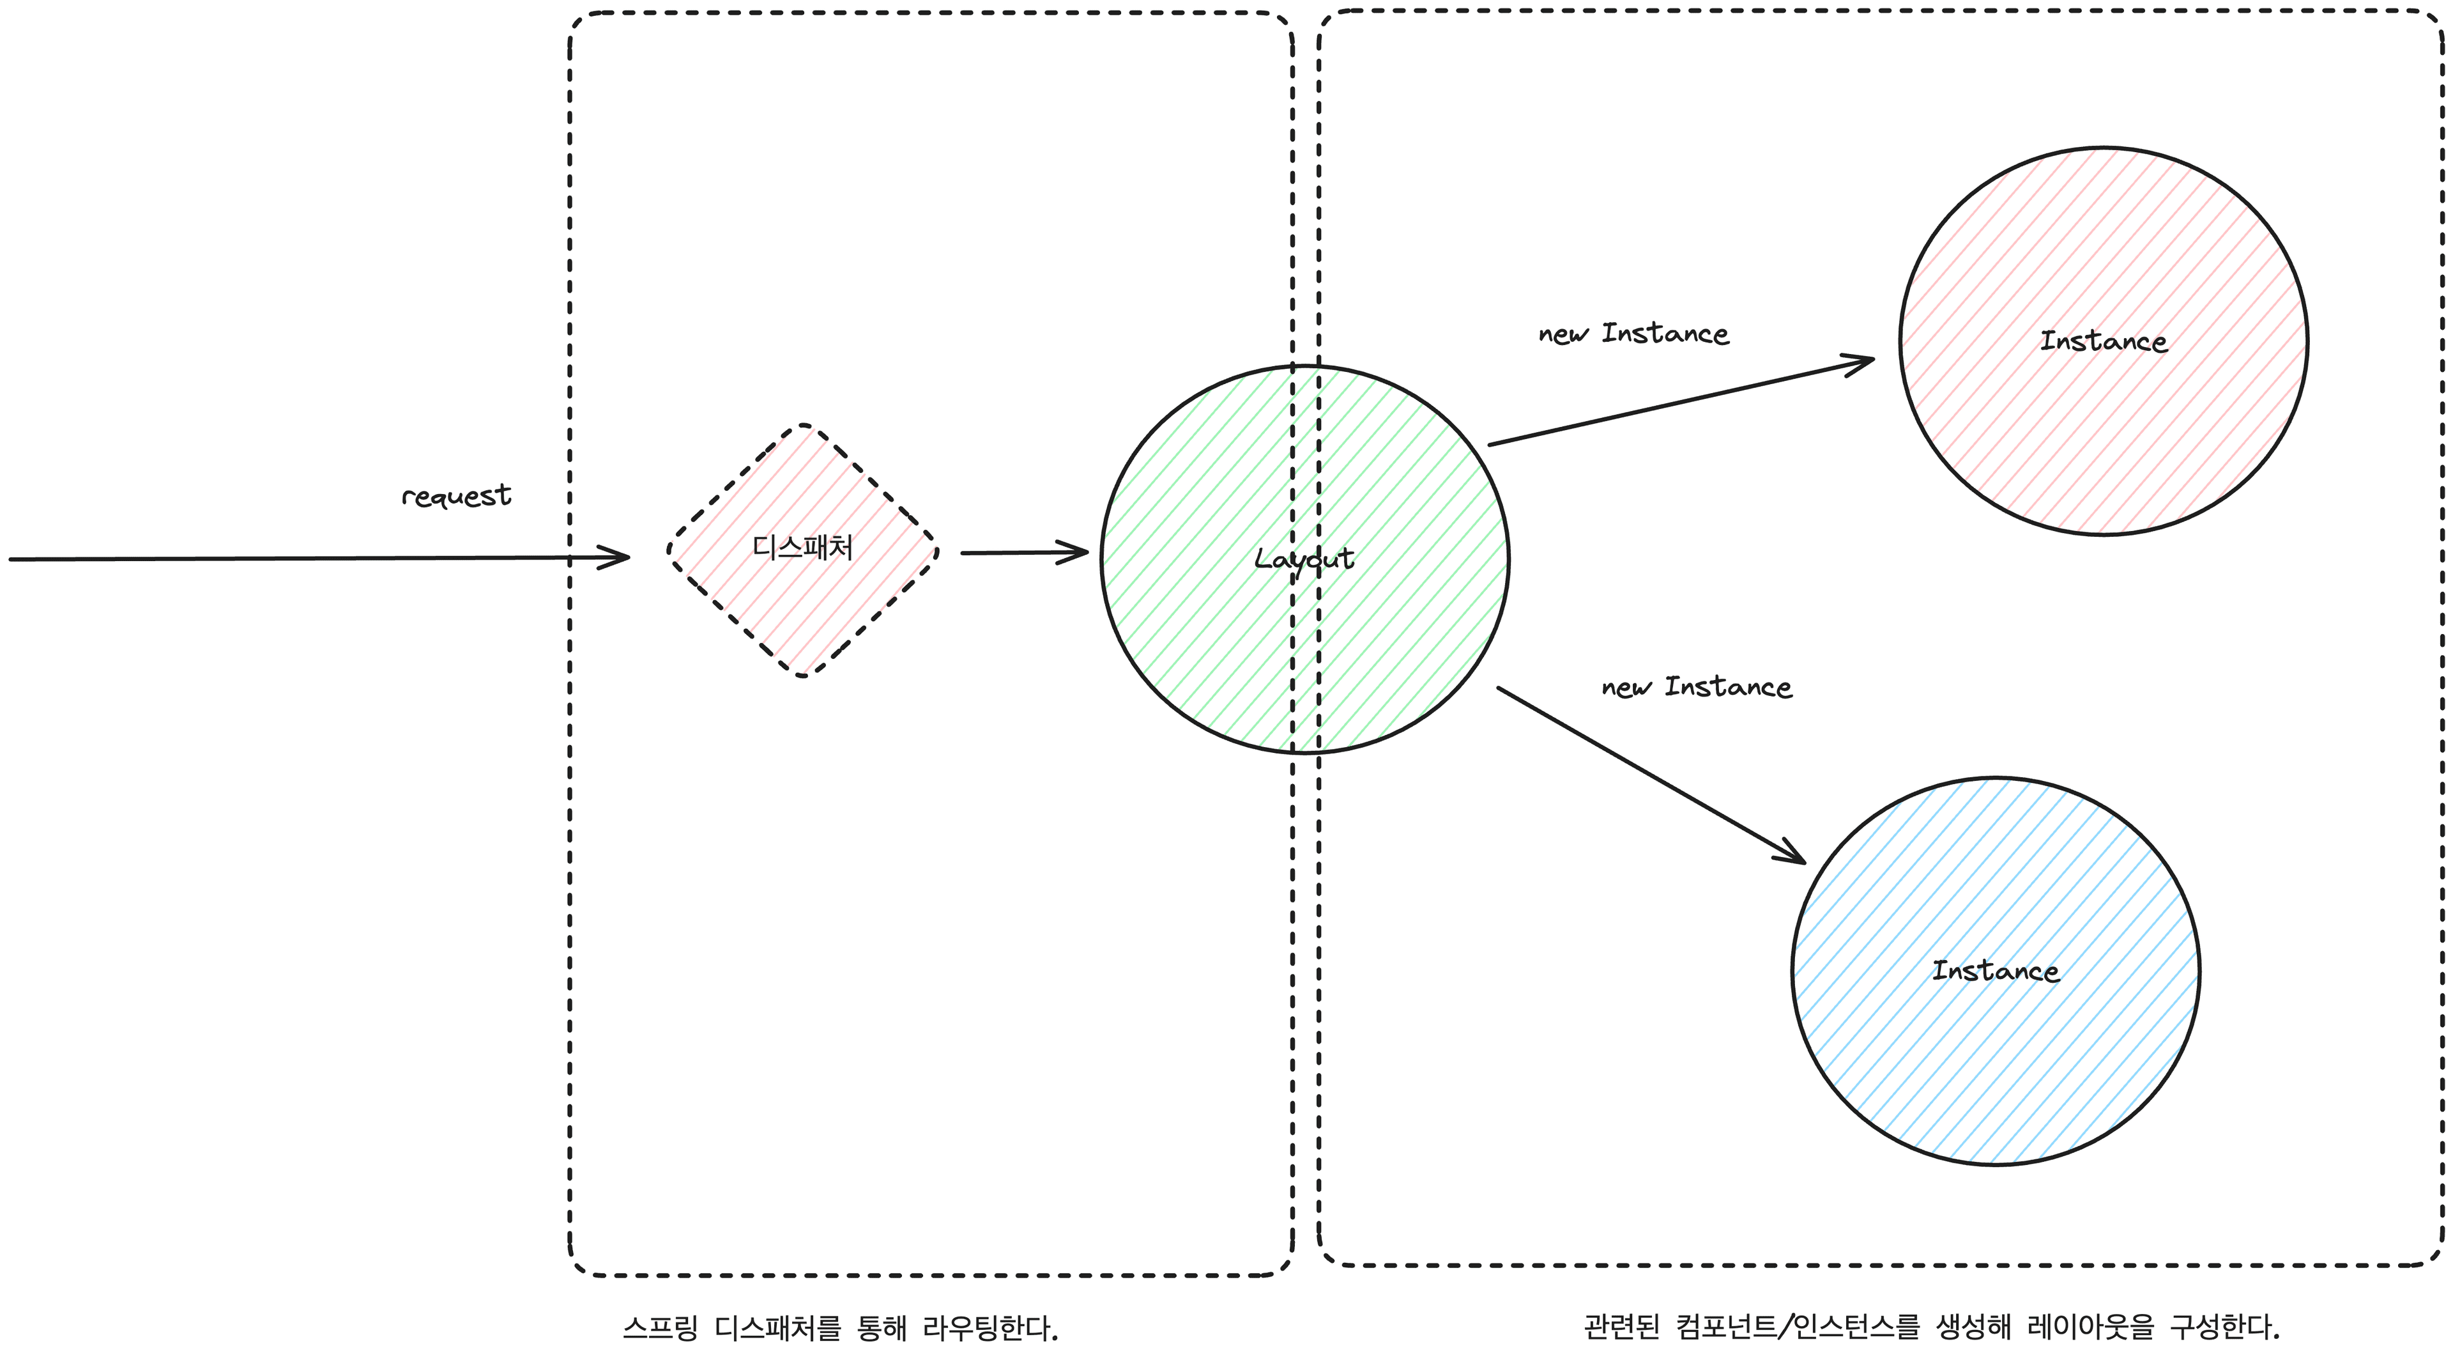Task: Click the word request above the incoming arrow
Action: click(456, 495)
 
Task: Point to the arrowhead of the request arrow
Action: click(619, 557)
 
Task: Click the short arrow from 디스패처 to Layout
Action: click(1023, 552)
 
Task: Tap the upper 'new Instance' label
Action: click(1634, 334)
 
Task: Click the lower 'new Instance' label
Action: click(1697, 686)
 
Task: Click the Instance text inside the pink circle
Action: click(2104, 341)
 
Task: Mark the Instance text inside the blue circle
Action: click(1995, 971)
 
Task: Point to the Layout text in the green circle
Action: click(1304, 559)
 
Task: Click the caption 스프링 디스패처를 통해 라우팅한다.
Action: click(841, 1327)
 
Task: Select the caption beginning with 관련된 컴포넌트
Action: click(1931, 1325)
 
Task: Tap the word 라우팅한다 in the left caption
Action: click(990, 1327)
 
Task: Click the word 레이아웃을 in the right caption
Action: click(2090, 1325)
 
